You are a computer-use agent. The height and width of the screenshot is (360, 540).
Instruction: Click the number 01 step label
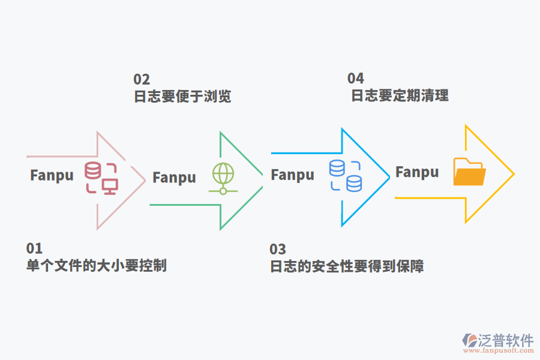click(34, 248)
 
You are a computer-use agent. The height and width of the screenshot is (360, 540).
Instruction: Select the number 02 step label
click(142, 79)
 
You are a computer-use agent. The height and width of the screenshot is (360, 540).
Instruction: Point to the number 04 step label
click(356, 78)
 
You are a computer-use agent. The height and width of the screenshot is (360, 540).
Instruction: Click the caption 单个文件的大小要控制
click(96, 265)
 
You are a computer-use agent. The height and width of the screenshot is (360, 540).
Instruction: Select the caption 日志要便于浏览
click(182, 97)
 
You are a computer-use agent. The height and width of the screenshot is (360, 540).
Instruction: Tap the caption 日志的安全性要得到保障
click(347, 266)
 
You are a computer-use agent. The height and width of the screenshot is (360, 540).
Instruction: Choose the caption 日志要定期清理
click(400, 95)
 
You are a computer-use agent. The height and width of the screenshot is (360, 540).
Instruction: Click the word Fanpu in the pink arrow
click(52, 175)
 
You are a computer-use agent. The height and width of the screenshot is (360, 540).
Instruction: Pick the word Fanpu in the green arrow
click(174, 178)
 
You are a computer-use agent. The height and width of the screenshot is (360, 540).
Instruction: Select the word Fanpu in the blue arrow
click(292, 175)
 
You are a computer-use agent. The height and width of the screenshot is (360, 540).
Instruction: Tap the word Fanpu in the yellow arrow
click(417, 172)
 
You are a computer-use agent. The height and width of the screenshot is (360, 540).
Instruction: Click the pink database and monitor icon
click(101, 178)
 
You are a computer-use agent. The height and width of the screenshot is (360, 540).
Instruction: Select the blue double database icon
click(346, 175)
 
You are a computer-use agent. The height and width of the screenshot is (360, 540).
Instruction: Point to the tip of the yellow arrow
click(513, 174)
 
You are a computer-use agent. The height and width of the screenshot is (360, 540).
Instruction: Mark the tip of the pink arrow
click(145, 179)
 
